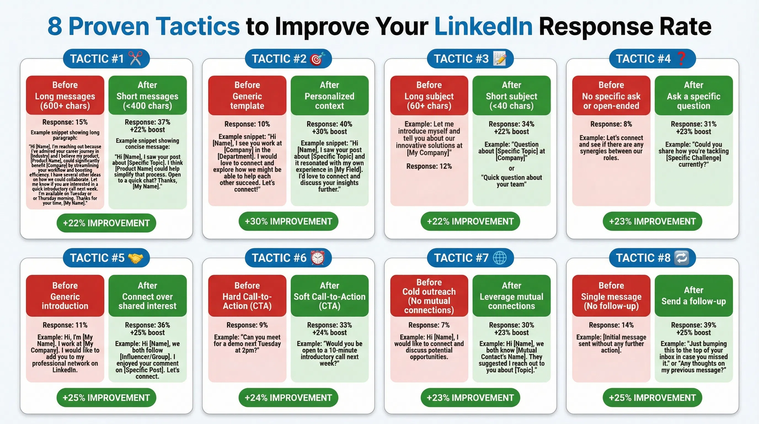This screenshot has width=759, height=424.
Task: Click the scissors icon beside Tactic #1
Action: click(136, 58)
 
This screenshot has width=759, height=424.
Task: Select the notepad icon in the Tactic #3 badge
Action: click(500, 58)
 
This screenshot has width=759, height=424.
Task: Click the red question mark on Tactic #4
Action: click(681, 58)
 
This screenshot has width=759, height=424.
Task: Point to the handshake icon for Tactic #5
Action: click(135, 258)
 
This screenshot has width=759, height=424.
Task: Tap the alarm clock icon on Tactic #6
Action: click(318, 258)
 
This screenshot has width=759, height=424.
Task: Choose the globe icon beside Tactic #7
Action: click(500, 258)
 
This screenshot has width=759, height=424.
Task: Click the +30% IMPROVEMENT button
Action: click(288, 221)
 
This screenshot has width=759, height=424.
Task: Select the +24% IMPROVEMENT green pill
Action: click(288, 398)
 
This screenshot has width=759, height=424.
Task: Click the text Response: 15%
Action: click(65, 122)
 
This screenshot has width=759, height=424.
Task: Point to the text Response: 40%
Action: click(329, 124)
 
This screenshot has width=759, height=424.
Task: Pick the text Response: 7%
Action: click(429, 325)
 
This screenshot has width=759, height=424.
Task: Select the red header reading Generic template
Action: click(247, 95)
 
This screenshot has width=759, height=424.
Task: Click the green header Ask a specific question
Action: click(693, 95)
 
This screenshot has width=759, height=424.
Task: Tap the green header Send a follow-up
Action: click(693, 296)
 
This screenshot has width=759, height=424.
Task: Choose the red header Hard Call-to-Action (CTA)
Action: click(247, 296)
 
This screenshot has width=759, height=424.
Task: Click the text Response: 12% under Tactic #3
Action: click(429, 166)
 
